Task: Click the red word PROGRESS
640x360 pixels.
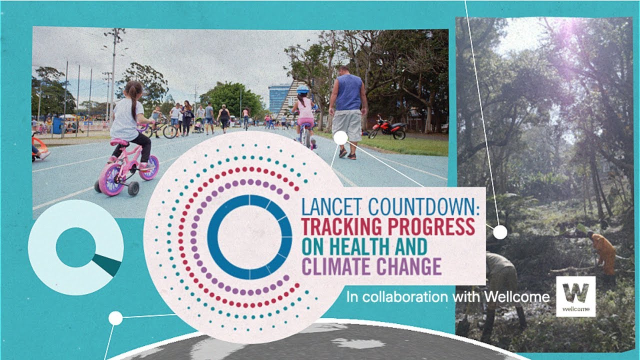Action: pos(435,227)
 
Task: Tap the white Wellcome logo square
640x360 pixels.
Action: pos(575,296)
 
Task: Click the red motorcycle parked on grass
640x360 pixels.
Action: pos(387,128)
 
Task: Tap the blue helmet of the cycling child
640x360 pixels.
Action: pos(302,89)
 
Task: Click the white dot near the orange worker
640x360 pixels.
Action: pos(500,232)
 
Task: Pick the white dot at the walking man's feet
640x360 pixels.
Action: pos(340,138)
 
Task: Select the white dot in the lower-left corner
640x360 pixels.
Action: pos(115,318)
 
